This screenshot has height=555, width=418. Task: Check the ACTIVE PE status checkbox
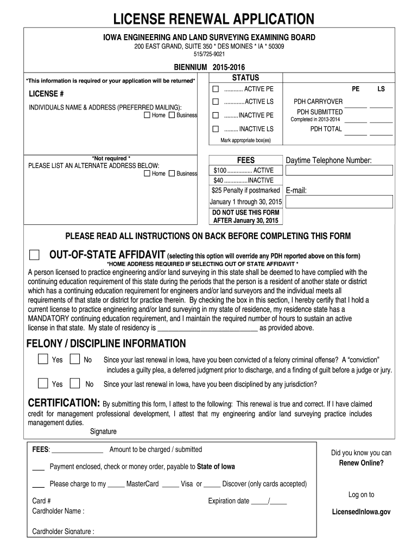tap(216, 88)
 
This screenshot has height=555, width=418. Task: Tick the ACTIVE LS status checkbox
tap(216, 102)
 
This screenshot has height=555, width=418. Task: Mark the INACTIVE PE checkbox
tap(216, 115)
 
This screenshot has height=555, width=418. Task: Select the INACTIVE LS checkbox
tap(216, 129)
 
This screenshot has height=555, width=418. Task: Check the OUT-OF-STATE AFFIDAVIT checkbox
tap(34, 255)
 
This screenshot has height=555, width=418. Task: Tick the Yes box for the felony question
tap(43, 359)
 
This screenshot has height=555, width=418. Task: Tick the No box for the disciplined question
tap(75, 383)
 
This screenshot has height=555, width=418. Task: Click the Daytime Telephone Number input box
tap(339, 170)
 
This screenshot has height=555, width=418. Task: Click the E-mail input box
tap(339, 202)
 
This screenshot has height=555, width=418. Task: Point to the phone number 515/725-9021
tap(210, 54)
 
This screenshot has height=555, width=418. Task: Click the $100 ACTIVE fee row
tap(243, 170)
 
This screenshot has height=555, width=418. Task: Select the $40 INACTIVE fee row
tap(243, 180)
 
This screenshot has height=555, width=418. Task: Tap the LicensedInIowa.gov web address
tap(361, 512)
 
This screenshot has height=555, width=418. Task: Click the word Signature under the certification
tap(103, 432)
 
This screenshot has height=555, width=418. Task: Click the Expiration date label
tap(229, 501)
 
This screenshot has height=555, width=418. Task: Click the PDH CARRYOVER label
tap(318, 101)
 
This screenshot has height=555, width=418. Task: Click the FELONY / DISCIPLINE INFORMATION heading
tap(106, 344)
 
